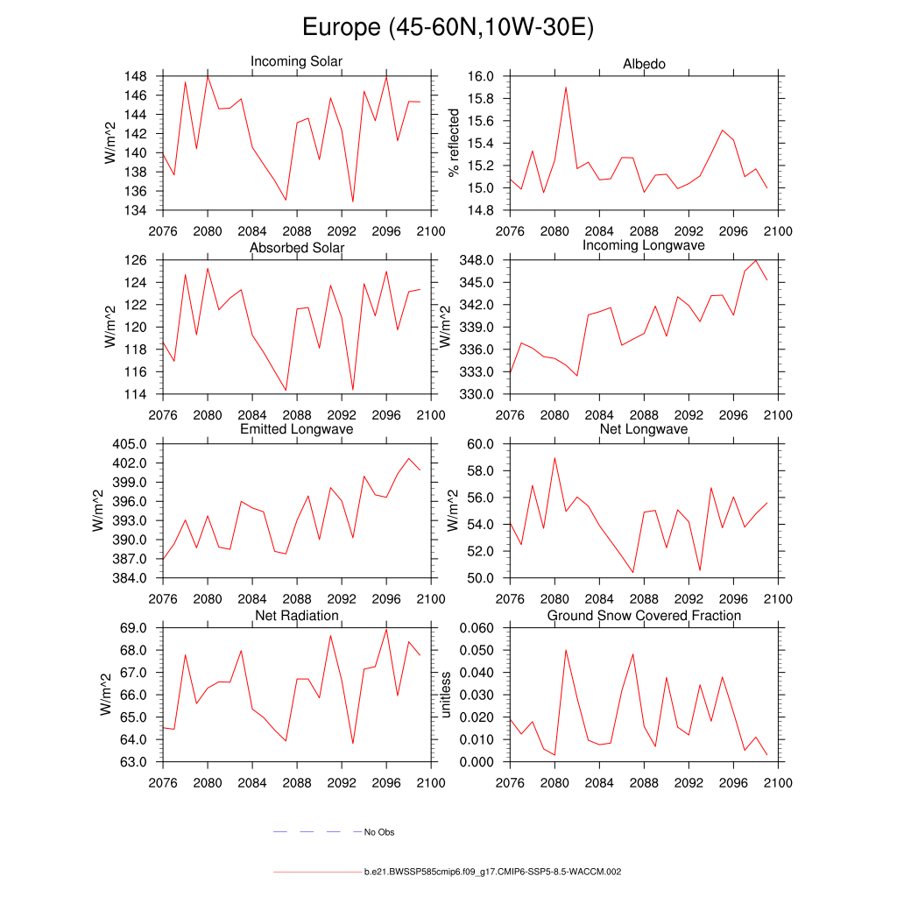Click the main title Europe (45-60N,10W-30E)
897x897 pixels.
[x=448, y=27]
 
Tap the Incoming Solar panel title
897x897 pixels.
[x=296, y=61]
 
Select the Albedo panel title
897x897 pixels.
[x=644, y=64]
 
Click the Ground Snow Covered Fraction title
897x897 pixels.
[x=644, y=616]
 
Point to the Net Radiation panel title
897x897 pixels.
[x=296, y=616]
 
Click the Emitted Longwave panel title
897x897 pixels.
[x=296, y=429]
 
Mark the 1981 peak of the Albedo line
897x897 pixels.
[x=566, y=88]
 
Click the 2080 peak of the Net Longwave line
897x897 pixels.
[x=554, y=457]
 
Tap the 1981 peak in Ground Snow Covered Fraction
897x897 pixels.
[x=566, y=650]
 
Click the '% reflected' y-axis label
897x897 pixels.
[x=454, y=143]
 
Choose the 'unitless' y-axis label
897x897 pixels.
[x=446, y=695]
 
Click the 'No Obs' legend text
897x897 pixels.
[x=379, y=832]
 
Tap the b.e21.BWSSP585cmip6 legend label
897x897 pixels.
[x=492, y=872]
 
